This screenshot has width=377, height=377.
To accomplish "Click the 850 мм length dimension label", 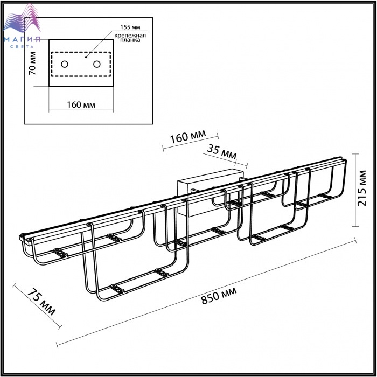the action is [x=219, y=296].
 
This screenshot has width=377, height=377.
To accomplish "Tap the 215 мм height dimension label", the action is [x=362, y=188].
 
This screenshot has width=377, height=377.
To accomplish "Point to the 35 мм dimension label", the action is [x=222, y=152].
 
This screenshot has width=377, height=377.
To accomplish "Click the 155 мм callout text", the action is [x=130, y=27].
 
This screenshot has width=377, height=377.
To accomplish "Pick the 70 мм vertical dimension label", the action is [x=32, y=63].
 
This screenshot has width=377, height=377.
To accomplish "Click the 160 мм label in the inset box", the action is [x=81, y=105].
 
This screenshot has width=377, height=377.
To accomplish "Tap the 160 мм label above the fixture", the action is [x=188, y=137].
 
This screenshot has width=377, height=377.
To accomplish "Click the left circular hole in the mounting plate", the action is [x=65, y=64].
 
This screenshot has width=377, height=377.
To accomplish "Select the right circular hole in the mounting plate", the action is [x=96, y=64].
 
